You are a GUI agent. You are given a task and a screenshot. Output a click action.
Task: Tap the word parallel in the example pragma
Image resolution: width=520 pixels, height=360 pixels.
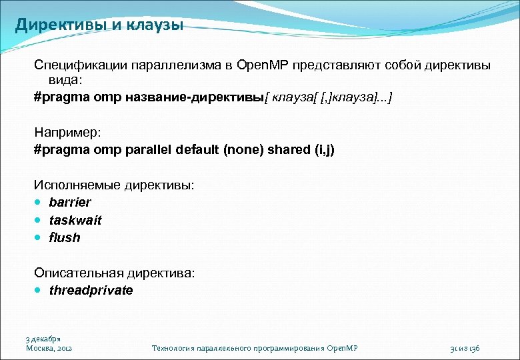(x=149, y=149)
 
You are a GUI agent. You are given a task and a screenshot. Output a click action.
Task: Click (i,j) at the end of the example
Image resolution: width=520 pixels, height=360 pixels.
(x=321, y=149)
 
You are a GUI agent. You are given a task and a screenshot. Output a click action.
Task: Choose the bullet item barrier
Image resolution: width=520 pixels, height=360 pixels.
(x=70, y=202)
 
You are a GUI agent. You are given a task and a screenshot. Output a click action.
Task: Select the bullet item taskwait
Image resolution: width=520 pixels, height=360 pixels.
(x=75, y=220)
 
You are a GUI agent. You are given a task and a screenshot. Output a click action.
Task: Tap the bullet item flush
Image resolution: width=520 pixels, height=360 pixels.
(x=64, y=237)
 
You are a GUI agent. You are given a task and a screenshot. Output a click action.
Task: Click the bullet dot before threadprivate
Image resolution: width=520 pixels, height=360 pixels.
(x=40, y=291)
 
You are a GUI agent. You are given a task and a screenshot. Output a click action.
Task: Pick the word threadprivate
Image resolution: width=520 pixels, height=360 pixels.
(x=91, y=291)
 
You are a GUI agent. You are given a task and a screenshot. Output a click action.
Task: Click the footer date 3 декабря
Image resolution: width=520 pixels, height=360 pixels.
(x=43, y=339)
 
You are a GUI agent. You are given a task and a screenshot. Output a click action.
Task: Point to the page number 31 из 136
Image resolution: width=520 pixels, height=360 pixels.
(x=469, y=348)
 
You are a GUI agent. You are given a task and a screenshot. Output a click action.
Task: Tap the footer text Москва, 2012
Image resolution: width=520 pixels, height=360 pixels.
(x=49, y=348)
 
